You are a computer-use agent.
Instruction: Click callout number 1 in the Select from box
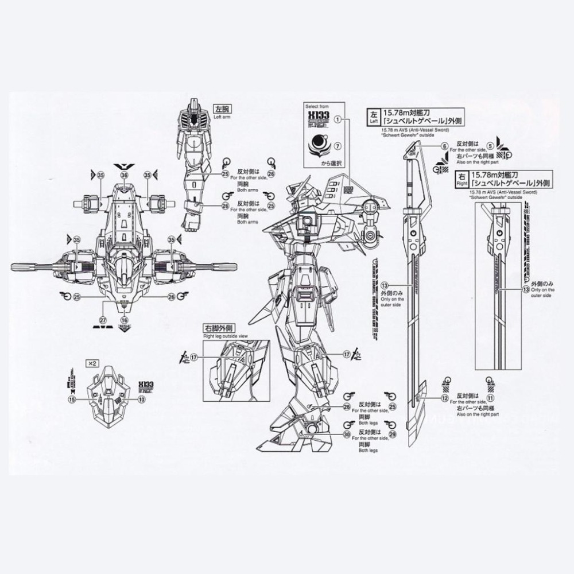click(x=338, y=119)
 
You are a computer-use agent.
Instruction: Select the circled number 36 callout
click(x=124, y=175)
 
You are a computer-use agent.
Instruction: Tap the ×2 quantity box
click(x=92, y=363)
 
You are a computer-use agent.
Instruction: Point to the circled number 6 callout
click(x=444, y=147)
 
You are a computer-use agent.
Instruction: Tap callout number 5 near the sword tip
click(x=490, y=147)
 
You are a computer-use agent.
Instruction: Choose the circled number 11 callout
click(x=490, y=398)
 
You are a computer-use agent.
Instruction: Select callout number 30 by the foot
click(x=347, y=435)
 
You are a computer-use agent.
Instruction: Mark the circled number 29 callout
click(x=393, y=435)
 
